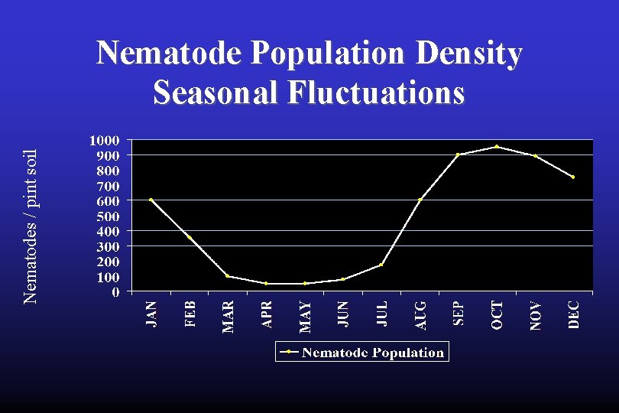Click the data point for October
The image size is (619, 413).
coord(497,147)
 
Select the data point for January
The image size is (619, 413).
coord(151,200)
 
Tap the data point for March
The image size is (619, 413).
coord(228,276)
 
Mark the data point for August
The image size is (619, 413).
coord(420,200)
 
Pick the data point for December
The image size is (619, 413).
coord(573,177)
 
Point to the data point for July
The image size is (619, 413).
coord(381,265)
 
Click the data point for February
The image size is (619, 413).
coord(190,238)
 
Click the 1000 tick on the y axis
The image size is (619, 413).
coord(104,141)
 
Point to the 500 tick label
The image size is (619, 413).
coord(107,216)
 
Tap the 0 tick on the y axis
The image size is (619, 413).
coord(115,292)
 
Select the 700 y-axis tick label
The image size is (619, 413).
coord(107,186)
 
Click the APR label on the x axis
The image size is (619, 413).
coord(267,314)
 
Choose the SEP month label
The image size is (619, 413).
coord(459,313)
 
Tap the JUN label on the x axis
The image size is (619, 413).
coord(343,314)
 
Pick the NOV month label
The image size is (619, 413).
coord(536,314)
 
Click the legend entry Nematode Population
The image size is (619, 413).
coord(362,353)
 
